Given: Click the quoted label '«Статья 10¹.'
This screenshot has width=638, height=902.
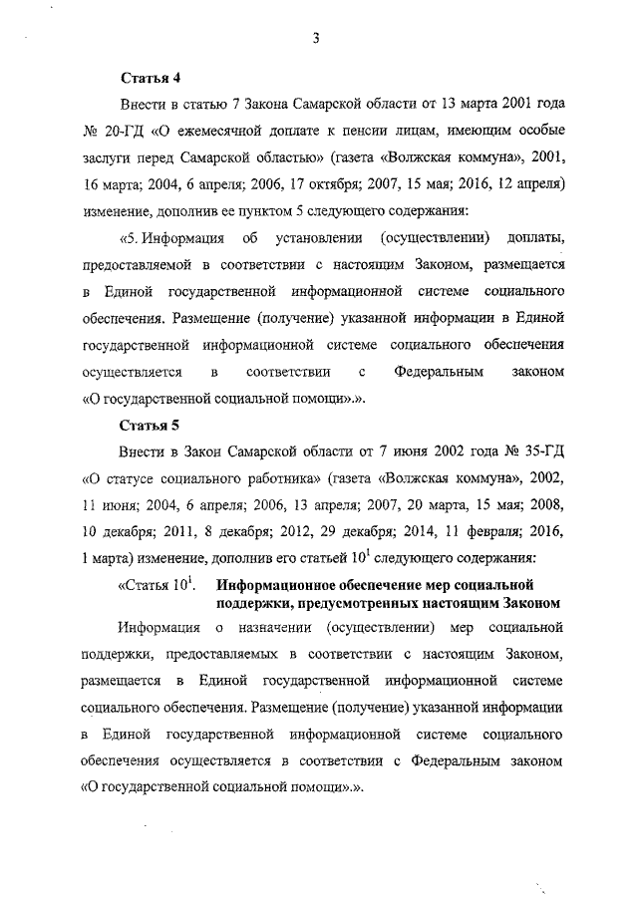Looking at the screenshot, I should [155, 583].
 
